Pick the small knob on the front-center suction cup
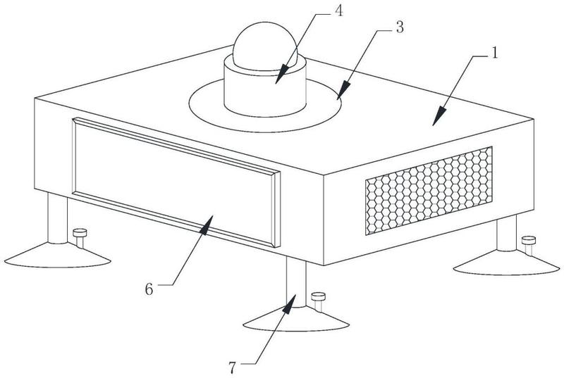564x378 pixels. coord(318,297)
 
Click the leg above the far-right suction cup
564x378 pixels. coord(505,232)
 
